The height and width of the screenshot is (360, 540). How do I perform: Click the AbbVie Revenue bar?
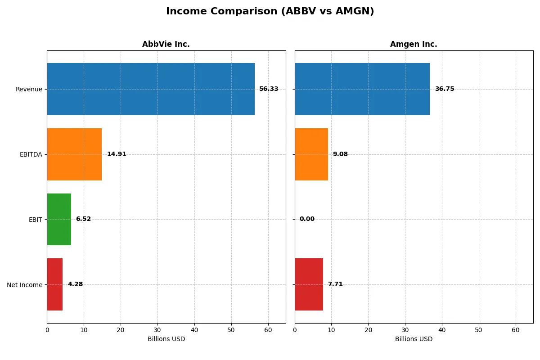[151, 89]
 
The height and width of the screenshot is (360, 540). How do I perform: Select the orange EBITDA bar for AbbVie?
[74, 154]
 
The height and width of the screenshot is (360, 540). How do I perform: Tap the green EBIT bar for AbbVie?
[59, 219]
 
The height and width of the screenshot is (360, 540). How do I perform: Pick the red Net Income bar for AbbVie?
[55, 284]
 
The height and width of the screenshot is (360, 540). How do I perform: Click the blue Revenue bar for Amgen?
[362, 89]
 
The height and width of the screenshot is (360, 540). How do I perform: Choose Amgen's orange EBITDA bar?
[311, 154]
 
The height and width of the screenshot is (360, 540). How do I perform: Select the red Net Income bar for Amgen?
[309, 284]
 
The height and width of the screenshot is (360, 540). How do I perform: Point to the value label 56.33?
[269, 89]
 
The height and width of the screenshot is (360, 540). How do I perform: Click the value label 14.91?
[117, 154]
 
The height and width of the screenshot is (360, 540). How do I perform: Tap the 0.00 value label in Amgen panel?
[307, 219]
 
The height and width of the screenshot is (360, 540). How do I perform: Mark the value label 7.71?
[335, 284]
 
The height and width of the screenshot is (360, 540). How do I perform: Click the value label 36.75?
[445, 89]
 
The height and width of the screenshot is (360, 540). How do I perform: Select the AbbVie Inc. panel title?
[166, 44]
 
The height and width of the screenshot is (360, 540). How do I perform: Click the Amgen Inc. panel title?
[414, 44]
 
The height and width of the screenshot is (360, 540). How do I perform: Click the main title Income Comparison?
[270, 11]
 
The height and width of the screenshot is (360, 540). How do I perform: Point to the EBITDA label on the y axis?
[31, 154]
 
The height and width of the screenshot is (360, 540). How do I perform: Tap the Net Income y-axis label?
[25, 285]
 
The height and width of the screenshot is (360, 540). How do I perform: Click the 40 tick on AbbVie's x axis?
[194, 330]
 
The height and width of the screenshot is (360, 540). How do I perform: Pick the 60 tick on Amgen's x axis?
[516, 330]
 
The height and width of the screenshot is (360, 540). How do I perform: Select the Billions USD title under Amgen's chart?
[414, 339]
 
